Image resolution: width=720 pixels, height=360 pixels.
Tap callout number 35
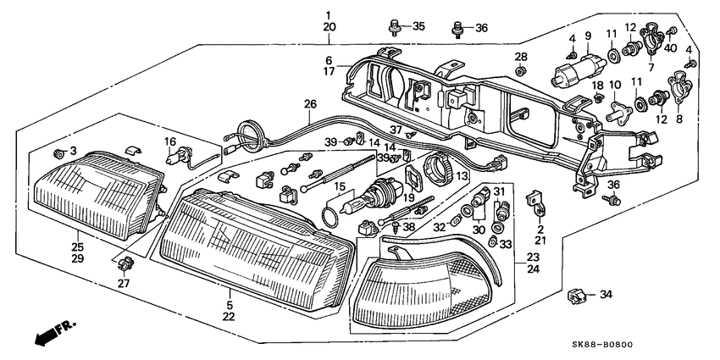(418, 27)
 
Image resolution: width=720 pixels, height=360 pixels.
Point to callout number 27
(124, 284)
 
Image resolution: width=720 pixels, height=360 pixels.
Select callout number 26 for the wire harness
(310, 104)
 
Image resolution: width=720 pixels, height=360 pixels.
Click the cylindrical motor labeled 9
(567, 71)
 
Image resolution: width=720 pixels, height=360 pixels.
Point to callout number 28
(520, 57)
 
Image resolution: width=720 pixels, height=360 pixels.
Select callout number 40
(671, 47)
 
